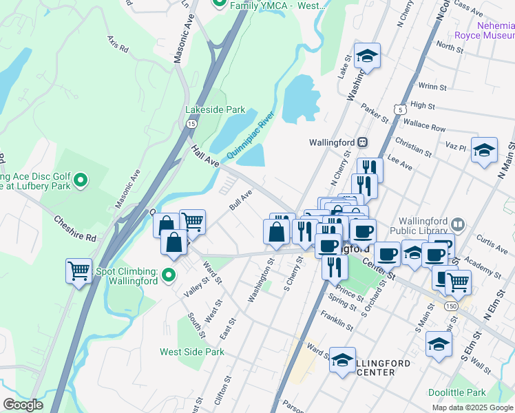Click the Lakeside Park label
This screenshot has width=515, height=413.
pyautogui.click(x=215, y=109)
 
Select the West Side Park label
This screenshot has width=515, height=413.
pyautogui.click(x=192, y=352)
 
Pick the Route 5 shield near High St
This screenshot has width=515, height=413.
pyautogui.click(x=399, y=109)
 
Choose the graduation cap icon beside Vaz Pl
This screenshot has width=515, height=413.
pyautogui.click(x=484, y=150)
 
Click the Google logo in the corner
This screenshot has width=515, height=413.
pyautogui.click(x=23, y=405)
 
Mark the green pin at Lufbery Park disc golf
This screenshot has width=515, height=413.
pyautogui.click(x=81, y=181)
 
